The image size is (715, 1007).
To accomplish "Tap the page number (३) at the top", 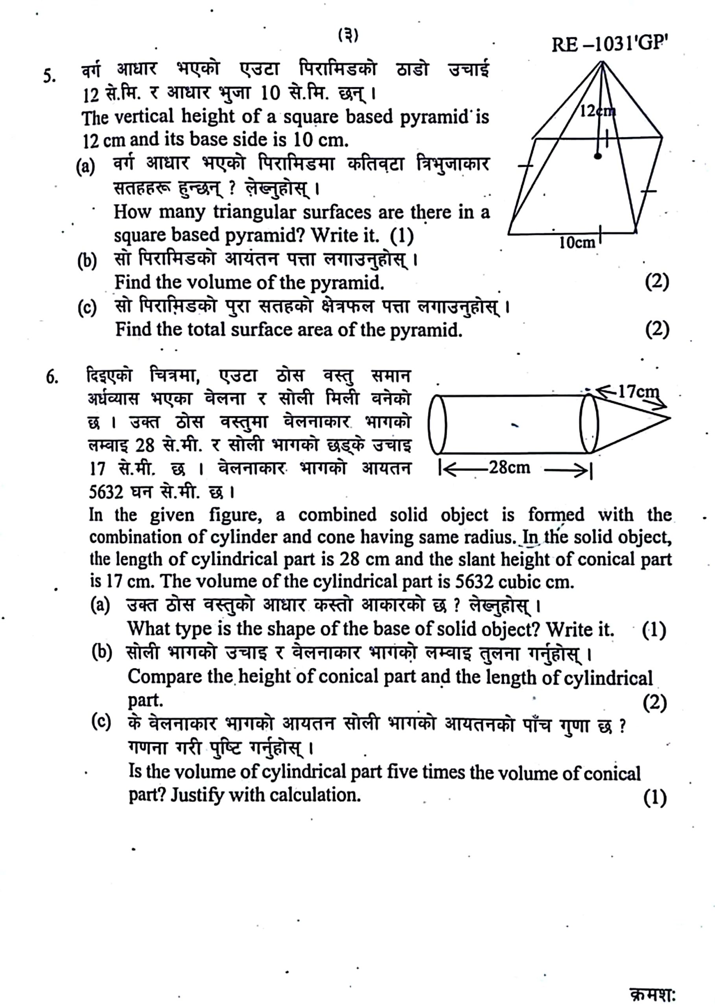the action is [348, 35].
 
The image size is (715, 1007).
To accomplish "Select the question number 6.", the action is [52, 378].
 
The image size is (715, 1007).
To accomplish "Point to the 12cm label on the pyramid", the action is [597, 111].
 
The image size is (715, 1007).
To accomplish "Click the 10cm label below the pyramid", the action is [577, 243].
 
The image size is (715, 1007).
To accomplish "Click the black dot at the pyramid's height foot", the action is [597, 156].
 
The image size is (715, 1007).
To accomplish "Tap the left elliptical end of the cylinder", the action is [438, 424].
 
